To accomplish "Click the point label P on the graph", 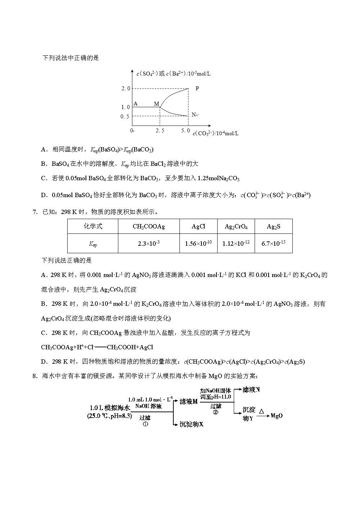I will click(x=197, y=88).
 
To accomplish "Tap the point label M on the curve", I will click(x=156, y=104).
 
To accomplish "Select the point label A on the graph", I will click(x=136, y=104).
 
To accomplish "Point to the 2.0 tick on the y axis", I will click(x=126, y=88).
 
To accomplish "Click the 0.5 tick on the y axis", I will click(x=125, y=116).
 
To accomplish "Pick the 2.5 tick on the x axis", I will click(x=160, y=131).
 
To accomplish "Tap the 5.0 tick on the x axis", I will click(x=186, y=131).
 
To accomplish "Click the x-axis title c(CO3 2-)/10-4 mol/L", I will click(x=216, y=133).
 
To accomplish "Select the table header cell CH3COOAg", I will click(x=149, y=226).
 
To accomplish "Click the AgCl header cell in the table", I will click(x=198, y=226).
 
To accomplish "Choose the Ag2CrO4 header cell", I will click(x=236, y=226).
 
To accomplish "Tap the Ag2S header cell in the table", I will click(x=273, y=226).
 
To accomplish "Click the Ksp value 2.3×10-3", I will click(x=149, y=244).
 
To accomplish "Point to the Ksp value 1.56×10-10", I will click(x=198, y=244).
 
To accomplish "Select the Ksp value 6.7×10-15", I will click(x=273, y=244).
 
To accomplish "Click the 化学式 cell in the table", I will click(x=93, y=226).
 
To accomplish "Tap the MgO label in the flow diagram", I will click(x=277, y=416).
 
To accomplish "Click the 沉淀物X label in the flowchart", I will click(x=191, y=424).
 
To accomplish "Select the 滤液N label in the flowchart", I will click(x=251, y=390).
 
